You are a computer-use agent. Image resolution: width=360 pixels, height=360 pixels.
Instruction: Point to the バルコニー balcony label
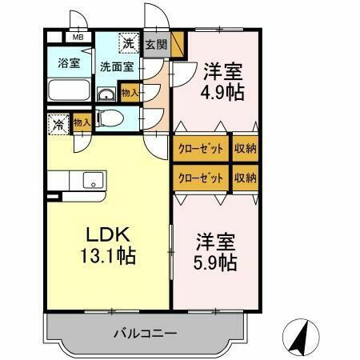pos(144,332)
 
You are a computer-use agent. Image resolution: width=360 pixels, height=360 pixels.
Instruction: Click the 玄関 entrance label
pos(157,45)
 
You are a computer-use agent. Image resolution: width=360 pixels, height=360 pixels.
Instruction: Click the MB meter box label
pos(78,37)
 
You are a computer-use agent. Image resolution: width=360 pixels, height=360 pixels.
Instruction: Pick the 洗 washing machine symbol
pos(128,42)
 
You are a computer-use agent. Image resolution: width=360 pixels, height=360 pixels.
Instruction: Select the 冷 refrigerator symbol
pos(58,125)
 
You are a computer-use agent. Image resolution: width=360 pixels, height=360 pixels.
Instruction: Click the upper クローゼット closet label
pos(200,149)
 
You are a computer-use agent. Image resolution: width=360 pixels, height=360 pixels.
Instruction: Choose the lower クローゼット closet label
pos(200,177)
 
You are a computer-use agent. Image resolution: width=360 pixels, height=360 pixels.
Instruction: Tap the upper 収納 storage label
pos(245,149)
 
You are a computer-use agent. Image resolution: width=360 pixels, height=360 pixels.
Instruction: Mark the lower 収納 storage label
pos(245,177)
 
